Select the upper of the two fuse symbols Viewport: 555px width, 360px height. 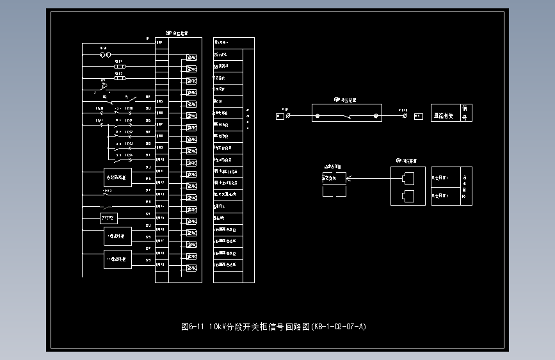point(119,67)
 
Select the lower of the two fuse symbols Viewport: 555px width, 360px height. point(119,78)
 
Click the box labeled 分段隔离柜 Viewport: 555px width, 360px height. point(118,177)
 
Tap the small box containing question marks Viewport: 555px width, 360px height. point(109,218)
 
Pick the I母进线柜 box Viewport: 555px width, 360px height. point(118,236)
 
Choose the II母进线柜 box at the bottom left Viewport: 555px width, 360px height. point(118,259)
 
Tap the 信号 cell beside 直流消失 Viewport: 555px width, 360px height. point(465,113)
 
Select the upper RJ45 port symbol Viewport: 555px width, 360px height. point(408,179)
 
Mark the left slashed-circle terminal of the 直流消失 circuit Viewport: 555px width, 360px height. point(289,117)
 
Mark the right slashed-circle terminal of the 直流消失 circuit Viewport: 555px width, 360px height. point(404,117)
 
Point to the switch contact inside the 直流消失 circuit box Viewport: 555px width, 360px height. point(346,116)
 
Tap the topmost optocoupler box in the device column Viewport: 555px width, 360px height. point(191,58)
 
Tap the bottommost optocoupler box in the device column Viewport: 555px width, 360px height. point(191,267)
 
